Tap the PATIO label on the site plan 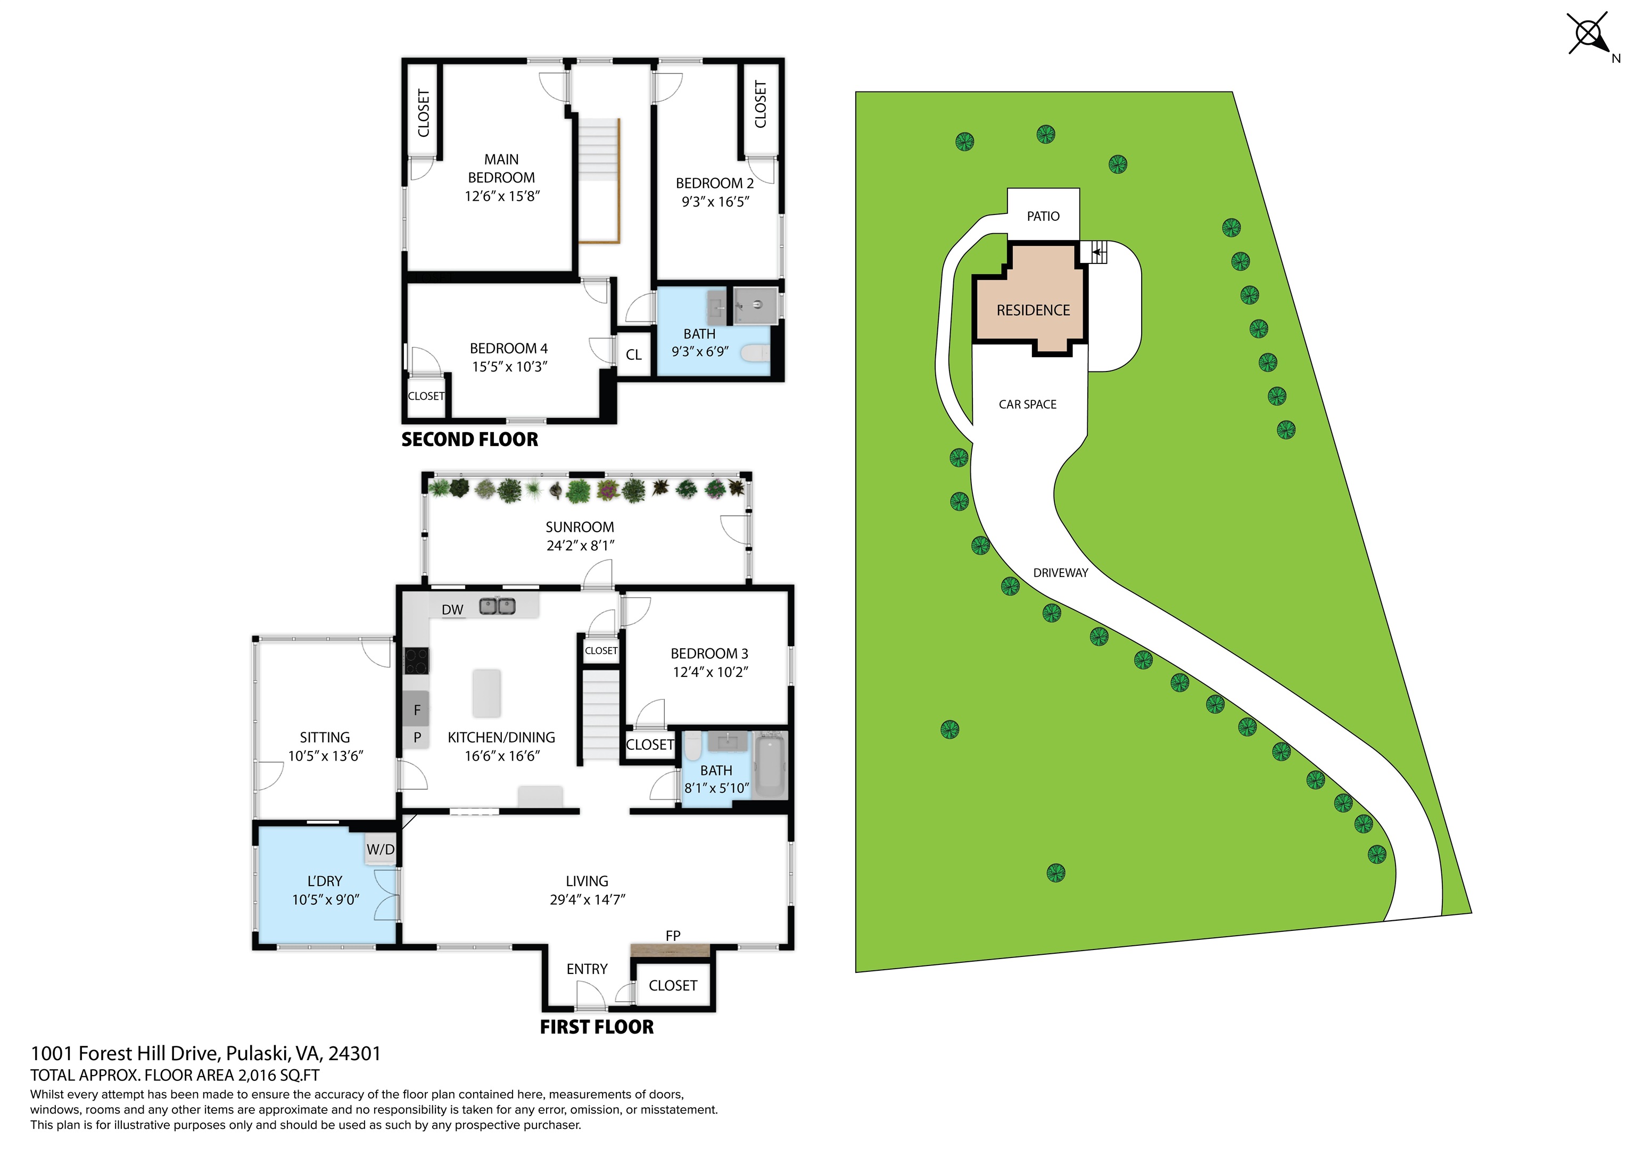pos(1043,216)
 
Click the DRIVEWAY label pos(1060,573)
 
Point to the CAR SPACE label pos(1028,404)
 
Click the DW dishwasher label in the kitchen pos(452,610)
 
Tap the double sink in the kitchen pos(497,606)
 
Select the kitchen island pos(486,692)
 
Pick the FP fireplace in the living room pos(670,949)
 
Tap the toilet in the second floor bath pos(756,352)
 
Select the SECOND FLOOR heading pos(469,440)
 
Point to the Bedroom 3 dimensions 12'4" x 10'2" pos(710,672)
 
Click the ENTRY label pos(587,969)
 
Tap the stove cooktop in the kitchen pos(417,660)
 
